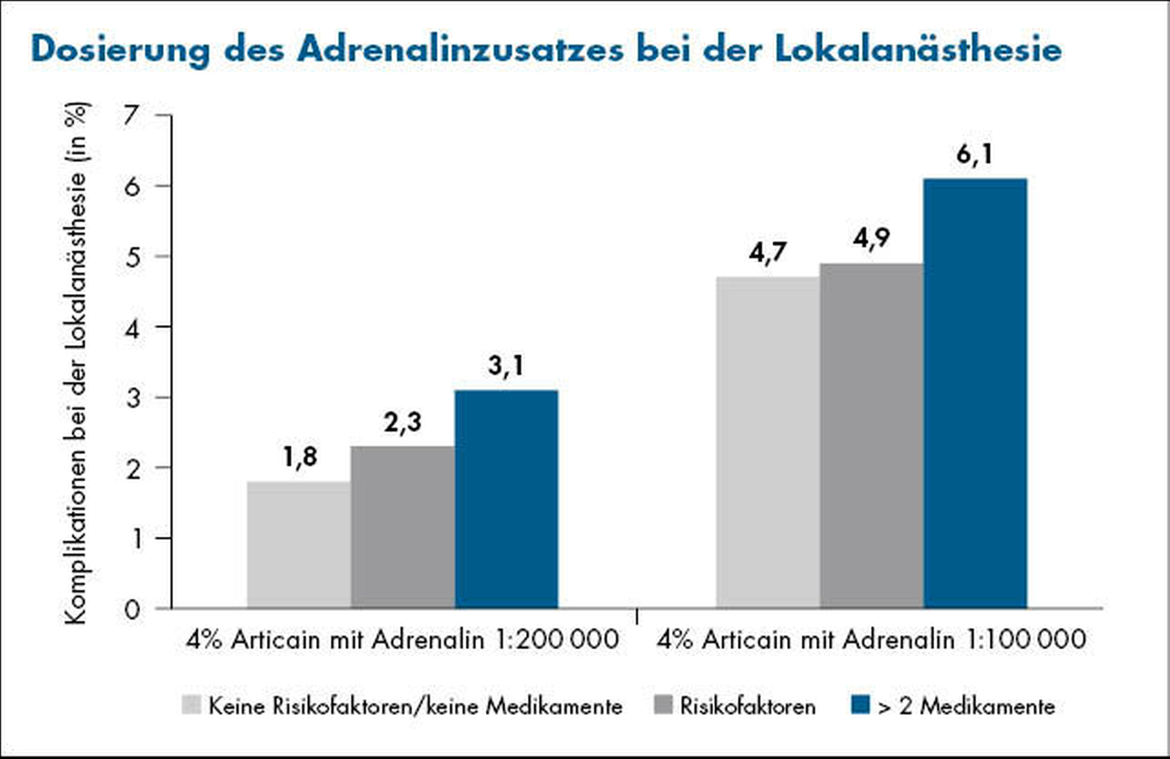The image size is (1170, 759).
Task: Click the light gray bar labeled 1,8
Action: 299,545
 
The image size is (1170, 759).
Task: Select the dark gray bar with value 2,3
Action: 403,527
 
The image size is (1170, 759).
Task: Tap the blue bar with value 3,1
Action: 506,499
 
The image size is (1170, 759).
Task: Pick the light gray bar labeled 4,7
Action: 768,443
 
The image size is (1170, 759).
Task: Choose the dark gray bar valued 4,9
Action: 871,436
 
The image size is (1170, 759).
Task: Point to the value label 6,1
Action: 975,154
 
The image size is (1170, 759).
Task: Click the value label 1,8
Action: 300,457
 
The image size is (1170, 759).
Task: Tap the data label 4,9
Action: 871,238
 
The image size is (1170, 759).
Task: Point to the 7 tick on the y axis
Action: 131,115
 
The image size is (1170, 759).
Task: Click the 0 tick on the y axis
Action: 131,610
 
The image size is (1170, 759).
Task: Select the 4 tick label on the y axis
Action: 131,327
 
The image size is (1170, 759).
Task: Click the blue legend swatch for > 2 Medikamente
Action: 860,705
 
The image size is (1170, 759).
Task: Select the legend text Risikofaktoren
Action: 748,706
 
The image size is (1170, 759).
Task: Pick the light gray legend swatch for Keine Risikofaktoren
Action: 192,705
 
